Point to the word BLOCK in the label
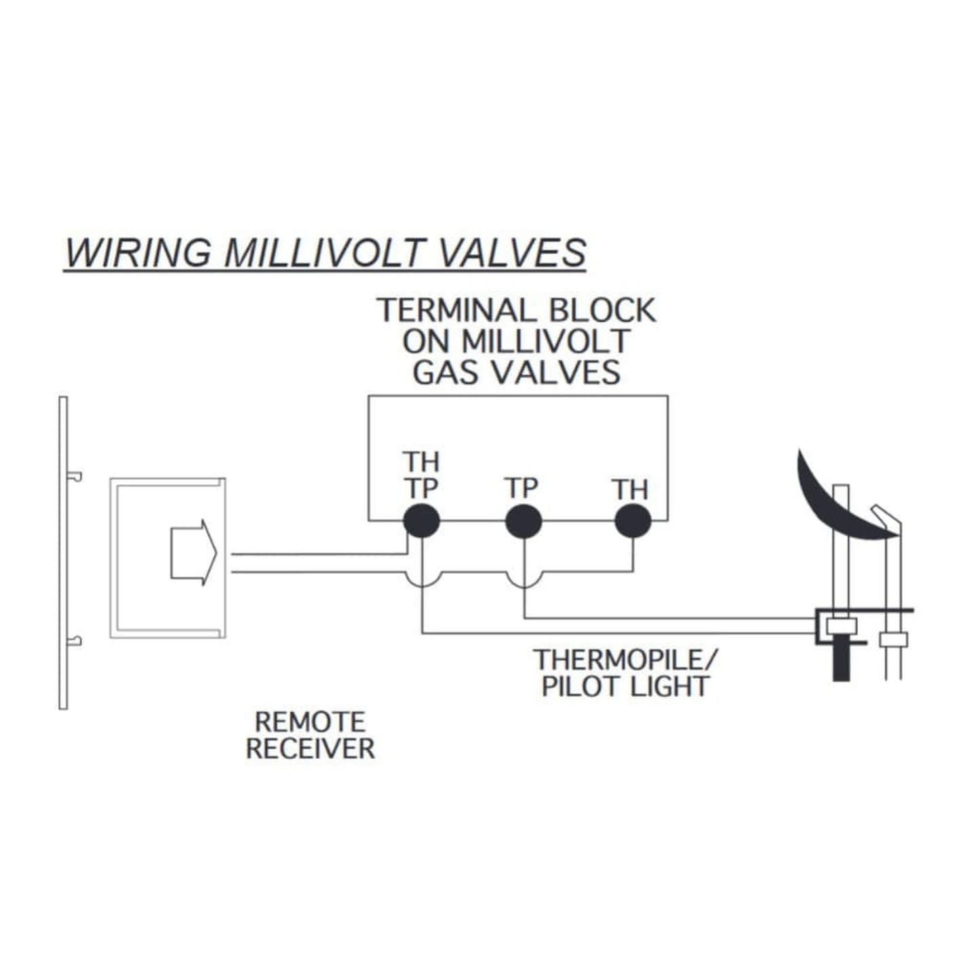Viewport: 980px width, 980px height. (x=601, y=311)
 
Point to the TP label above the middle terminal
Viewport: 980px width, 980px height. (x=522, y=488)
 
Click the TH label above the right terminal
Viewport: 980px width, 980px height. (x=630, y=489)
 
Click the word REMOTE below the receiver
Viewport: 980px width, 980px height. (x=310, y=721)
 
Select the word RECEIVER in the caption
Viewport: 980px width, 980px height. (x=310, y=749)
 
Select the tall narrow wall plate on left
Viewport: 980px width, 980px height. (x=63, y=553)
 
